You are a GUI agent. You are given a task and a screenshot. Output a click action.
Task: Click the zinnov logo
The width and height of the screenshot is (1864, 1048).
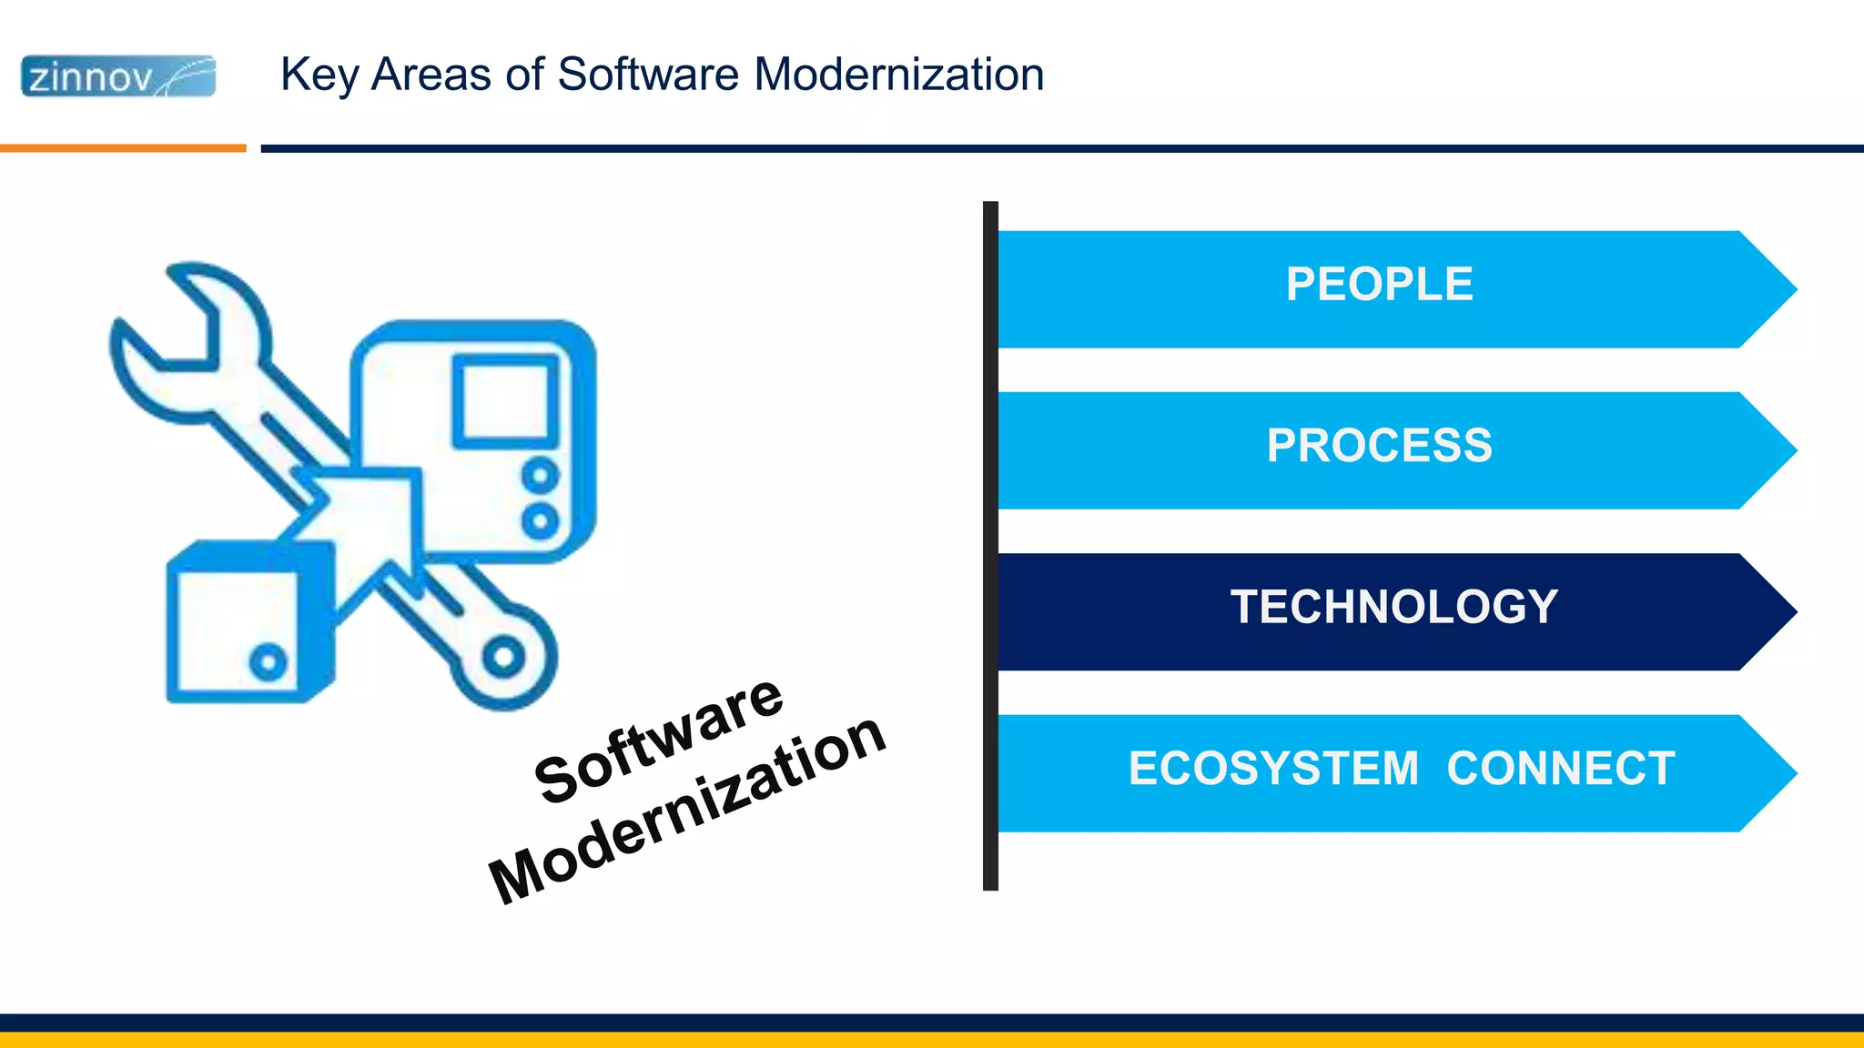tap(118, 76)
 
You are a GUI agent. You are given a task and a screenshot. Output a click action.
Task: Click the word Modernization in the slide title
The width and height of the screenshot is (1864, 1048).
tap(898, 75)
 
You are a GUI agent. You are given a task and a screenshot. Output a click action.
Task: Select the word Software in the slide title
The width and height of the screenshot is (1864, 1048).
tap(647, 75)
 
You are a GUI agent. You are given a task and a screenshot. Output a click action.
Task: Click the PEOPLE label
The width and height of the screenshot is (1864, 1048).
tap(1379, 285)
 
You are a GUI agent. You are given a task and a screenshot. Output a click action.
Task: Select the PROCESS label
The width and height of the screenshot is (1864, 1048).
tap(1379, 446)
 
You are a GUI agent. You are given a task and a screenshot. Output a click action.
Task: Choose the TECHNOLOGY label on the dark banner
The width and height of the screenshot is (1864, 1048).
tap(1393, 607)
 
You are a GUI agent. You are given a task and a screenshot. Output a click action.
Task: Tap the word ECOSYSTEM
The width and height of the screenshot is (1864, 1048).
tap(1273, 769)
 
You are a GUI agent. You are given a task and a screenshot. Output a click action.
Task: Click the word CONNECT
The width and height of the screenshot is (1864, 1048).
tap(1560, 769)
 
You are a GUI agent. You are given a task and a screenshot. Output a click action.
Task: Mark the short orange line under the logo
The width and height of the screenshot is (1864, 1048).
tap(123, 148)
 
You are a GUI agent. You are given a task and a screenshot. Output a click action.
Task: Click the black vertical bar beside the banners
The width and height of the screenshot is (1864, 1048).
tap(990, 546)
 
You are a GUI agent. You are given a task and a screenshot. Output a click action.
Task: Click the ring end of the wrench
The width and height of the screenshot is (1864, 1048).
tap(503, 657)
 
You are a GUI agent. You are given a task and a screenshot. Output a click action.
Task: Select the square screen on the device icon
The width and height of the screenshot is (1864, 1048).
tap(506, 401)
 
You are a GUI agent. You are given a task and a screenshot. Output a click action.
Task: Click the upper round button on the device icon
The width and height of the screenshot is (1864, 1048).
tap(540, 476)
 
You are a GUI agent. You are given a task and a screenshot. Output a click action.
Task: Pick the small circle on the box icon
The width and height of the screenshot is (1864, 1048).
tap(268, 661)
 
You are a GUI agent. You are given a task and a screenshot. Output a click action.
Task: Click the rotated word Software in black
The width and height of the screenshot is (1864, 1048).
tap(658, 741)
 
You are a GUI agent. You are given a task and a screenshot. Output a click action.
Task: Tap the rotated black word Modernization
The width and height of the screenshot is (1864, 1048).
tap(687, 809)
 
